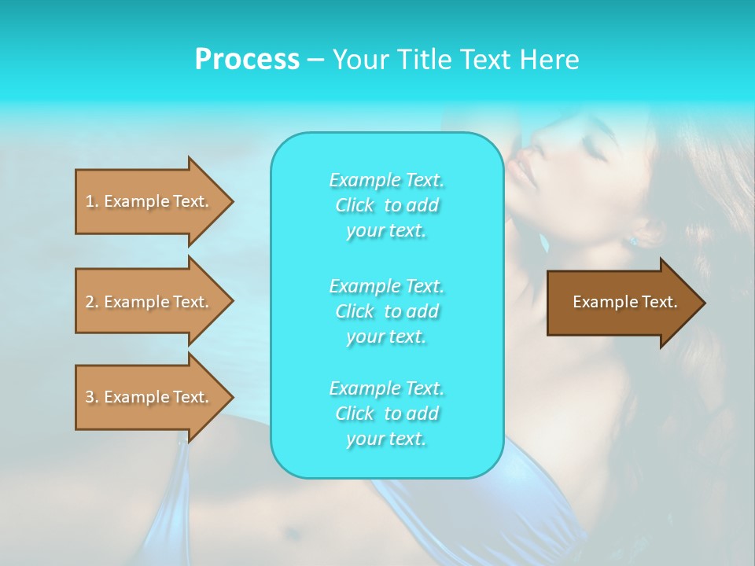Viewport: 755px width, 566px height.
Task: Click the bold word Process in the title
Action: coord(247,60)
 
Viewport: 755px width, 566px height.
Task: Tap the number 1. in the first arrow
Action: coord(92,201)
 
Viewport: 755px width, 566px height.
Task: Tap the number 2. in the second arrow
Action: coord(92,302)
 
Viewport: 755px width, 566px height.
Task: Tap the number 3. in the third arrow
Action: coord(92,397)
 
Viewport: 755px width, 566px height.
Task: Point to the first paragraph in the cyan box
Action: coord(386,205)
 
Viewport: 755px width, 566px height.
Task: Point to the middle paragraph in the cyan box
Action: coord(386,311)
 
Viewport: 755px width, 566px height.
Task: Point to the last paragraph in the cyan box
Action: coord(386,413)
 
